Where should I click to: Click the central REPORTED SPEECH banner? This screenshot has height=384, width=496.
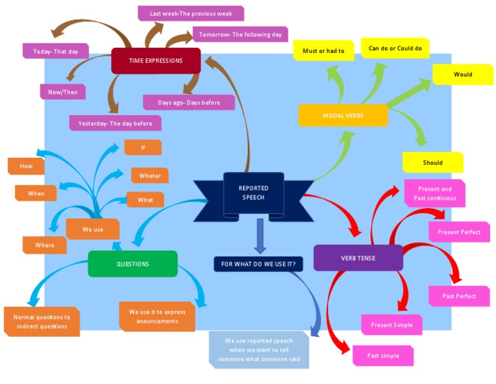[254, 193]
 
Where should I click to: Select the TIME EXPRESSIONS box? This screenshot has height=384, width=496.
[156, 61]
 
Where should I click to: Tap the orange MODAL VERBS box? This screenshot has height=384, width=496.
[343, 115]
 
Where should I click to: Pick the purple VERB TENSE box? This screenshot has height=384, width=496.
[358, 258]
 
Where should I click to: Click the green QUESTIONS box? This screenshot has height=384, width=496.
[132, 264]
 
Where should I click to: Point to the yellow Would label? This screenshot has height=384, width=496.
[462, 74]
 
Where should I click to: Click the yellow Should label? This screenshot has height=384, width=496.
[432, 162]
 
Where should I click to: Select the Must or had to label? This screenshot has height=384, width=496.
[323, 50]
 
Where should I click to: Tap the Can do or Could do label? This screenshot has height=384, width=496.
[395, 48]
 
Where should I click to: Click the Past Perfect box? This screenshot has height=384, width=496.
[459, 296]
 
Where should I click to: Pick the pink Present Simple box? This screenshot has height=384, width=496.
[391, 325]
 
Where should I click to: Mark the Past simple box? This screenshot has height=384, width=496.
[383, 356]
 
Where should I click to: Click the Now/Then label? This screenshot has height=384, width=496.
[63, 92]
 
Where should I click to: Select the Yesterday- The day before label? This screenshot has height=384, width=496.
[115, 123]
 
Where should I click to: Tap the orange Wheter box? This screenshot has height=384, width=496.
[150, 175]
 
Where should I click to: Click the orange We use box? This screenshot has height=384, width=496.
[92, 229]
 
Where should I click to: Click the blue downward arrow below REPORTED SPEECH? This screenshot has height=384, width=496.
[260, 235]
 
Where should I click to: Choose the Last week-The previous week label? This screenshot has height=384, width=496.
[191, 13]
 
